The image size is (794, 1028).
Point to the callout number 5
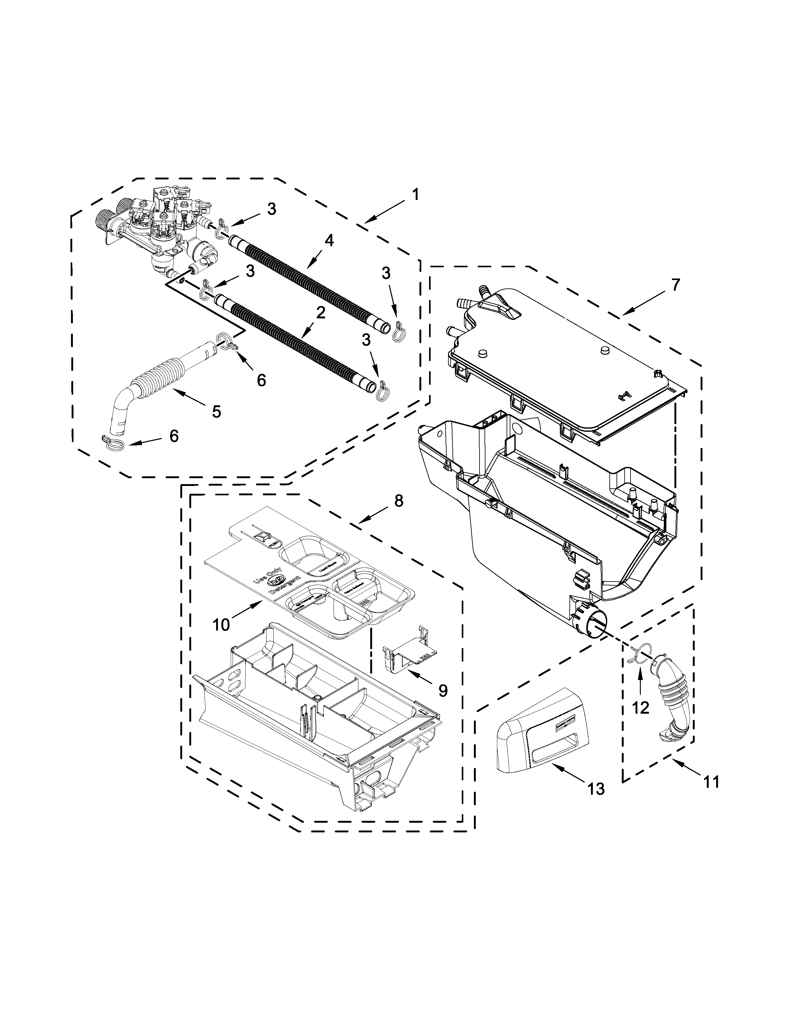tap(216, 412)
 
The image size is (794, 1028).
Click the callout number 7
tap(675, 285)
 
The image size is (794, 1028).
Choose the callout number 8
tap(399, 501)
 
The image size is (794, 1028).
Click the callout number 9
tap(443, 691)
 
